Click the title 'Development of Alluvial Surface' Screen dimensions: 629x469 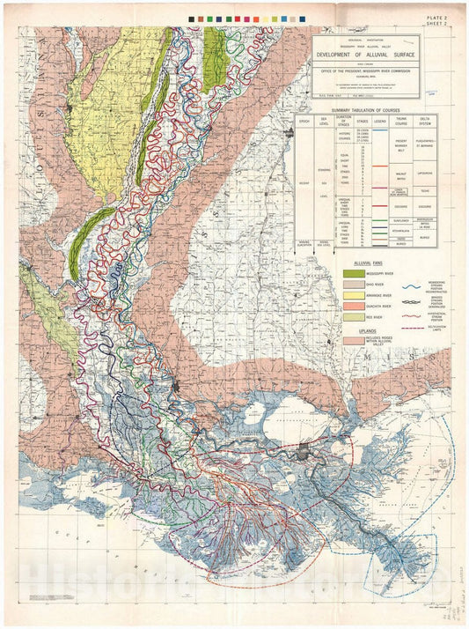click(x=366, y=54)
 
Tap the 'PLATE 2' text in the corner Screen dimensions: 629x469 click(x=437, y=18)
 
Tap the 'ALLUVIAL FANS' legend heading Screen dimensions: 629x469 click(x=363, y=263)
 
